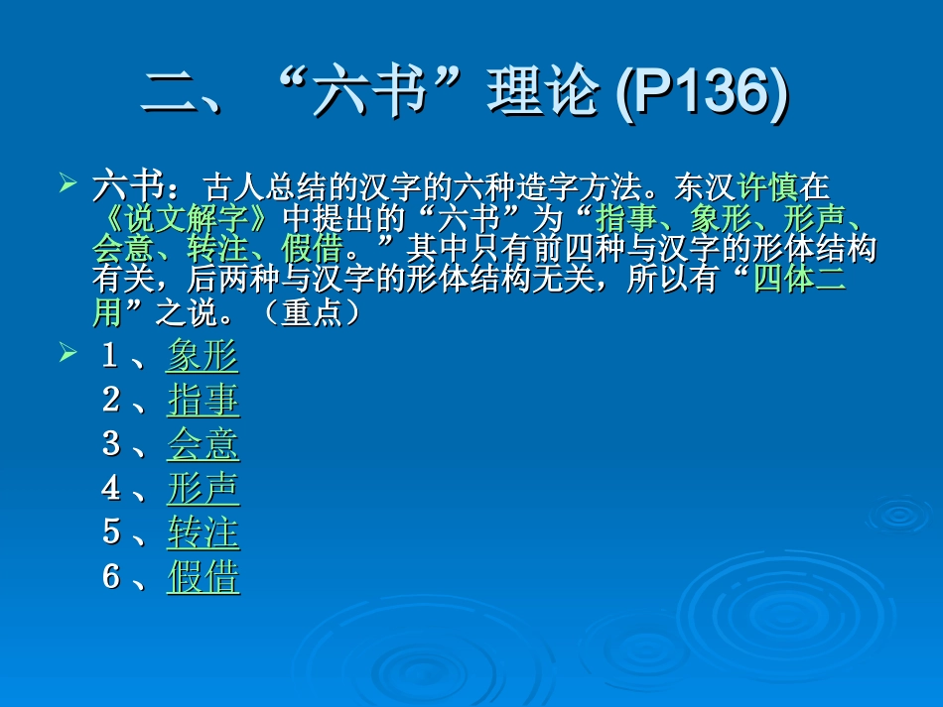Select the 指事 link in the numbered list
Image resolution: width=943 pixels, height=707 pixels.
click(202, 401)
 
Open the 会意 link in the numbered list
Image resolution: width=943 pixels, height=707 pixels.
click(202, 444)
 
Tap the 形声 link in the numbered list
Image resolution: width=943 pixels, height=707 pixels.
click(202, 488)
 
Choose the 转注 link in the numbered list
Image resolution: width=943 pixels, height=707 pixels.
click(202, 532)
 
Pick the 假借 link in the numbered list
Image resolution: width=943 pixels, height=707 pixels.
click(202, 576)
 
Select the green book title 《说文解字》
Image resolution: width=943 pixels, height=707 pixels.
click(188, 218)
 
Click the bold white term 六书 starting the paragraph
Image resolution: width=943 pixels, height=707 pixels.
click(123, 185)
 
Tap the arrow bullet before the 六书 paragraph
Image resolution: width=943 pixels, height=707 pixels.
click(67, 183)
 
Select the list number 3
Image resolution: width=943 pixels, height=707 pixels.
click(111, 444)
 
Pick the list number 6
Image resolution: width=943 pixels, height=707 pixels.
click(111, 576)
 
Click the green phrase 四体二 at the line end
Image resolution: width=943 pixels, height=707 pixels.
click(798, 282)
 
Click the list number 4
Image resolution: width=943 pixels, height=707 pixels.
click(111, 488)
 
